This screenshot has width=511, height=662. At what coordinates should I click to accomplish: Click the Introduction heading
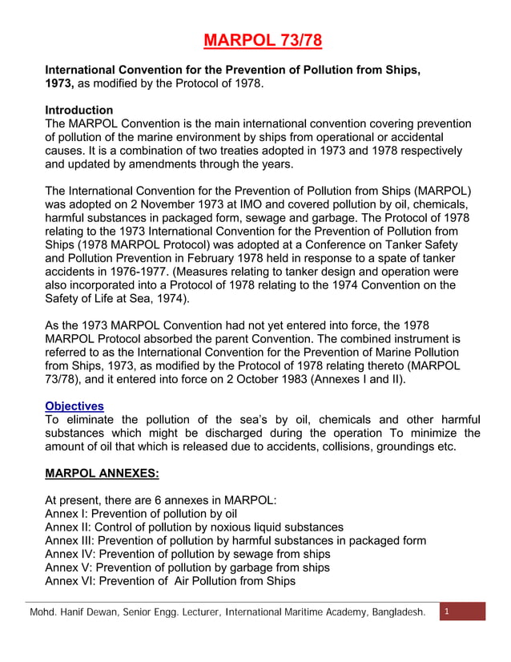(78, 110)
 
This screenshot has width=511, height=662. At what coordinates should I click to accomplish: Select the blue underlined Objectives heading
(74, 406)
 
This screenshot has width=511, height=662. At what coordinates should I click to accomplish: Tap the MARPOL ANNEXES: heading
(101, 473)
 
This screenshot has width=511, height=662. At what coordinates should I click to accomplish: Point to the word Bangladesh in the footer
(396, 613)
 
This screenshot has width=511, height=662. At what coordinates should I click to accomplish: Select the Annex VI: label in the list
(70, 581)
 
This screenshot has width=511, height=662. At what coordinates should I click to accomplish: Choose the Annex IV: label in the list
(70, 554)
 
